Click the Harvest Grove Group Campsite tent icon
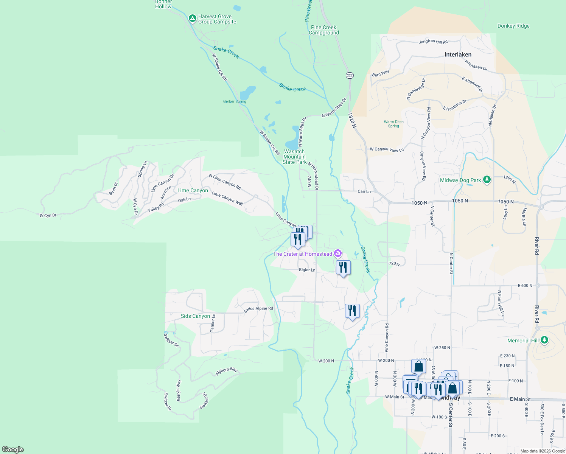pyautogui.click(x=192, y=18)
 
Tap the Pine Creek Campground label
pyautogui.click(x=323, y=30)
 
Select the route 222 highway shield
pyautogui.click(x=350, y=75)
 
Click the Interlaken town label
pyautogui.click(x=458, y=54)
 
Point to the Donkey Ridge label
pyautogui.click(x=513, y=26)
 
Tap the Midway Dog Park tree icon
pyautogui.click(x=487, y=180)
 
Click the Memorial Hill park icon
pyautogui.click(x=544, y=340)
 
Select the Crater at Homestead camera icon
pyautogui.click(x=338, y=253)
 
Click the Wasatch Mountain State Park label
pyautogui.click(x=294, y=157)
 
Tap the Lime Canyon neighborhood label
pyautogui.click(x=193, y=190)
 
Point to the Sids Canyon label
pyautogui.click(x=195, y=316)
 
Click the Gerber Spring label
pyautogui.click(x=235, y=101)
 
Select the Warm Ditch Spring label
pyautogui.click(x=393, y=124)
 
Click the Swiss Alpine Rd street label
pyautogui.click(x=258, y=309)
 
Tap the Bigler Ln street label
pyautogui.click(x=307, y=270)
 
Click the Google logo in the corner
pyautogui.click(x=13, y=449)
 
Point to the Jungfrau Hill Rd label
pyautogui.click(x=433, y=42)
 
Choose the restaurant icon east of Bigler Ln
pyautogui.click(x=343, y=268)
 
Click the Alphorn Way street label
pyautogui.click(x=226, y=371)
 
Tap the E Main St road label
pyautogui.click(x=520, y=399)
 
